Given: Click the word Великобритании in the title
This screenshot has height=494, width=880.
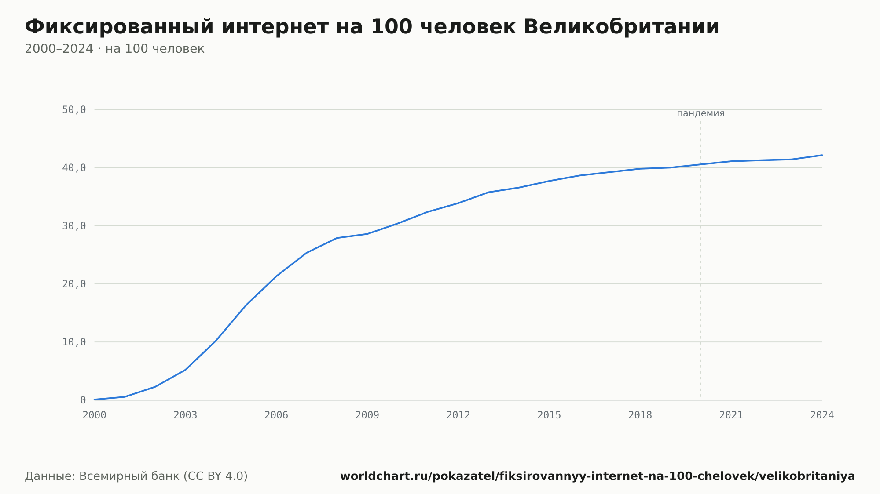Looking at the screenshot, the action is [x=621, y=27].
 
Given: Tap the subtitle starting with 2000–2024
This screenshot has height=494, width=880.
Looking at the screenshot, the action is [x=114, y=49].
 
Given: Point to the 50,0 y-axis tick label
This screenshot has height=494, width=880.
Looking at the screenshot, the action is [x=74, y=110].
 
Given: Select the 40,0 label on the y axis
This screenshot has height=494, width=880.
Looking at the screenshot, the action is [x=74, y=168].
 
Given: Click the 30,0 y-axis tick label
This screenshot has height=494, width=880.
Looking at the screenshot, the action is [x=74, y=226].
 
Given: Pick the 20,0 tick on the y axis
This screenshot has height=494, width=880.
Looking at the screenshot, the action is [x=74, y=284].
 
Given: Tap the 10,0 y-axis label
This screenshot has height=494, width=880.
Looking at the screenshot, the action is [x=74, y=342].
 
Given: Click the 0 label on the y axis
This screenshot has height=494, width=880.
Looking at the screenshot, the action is [x=83, y=400].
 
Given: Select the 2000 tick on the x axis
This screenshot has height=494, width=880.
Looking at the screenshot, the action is [x=95, y=415].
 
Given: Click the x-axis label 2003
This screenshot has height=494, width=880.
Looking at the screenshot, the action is [x=185, y=415].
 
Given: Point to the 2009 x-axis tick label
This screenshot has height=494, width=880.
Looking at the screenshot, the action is [x=367, y=415].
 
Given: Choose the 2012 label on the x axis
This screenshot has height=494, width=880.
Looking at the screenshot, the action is [x=458, y=415].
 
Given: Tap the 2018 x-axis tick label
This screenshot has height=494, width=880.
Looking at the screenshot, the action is [x=640, y=415].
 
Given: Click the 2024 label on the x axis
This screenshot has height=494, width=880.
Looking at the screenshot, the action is [x=822, y=415].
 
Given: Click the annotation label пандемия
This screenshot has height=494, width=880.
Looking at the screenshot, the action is [x=700, y=113].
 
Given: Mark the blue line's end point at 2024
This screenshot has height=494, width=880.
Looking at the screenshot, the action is [x=822, y=155].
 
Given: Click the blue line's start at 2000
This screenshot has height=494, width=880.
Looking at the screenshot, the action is [x=95, y=400].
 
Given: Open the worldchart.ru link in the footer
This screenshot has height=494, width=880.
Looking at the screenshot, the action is [x=598, y=476].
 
